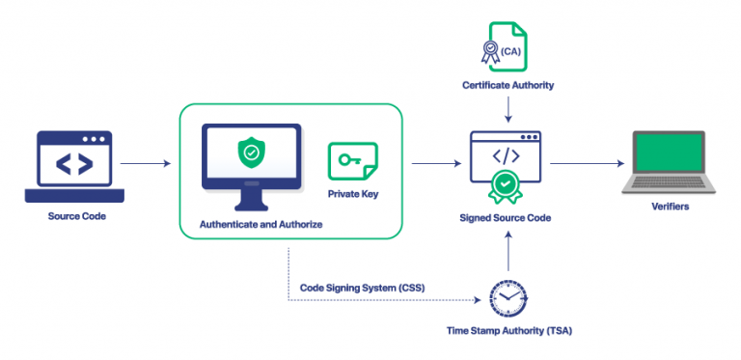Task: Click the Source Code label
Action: coord(76,216)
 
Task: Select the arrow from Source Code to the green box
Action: coord(145,165)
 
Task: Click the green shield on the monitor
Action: coord(250,152)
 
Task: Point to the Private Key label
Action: coord(352,193)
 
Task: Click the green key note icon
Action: coord(352,161)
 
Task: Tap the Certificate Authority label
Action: coord(507,87)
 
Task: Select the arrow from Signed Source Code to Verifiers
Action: coord(583,165)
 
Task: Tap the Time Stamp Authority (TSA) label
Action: coord(508,331)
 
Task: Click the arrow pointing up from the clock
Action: coord(507,253)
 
